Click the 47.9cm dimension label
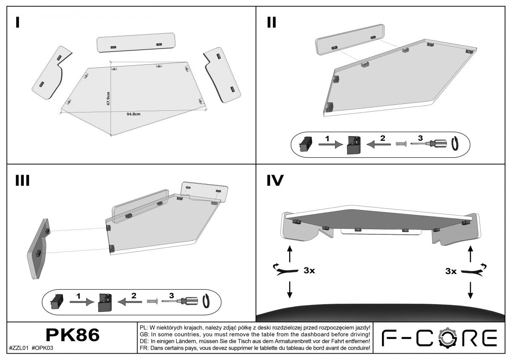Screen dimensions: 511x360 pyautogui.click(x=108, y=98)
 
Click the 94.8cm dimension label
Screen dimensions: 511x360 pyautogui.click(x=133, y=114)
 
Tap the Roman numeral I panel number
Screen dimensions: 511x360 pyautogui.click(x=17, y=23)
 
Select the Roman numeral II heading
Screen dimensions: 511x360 pyautogui.click(x=272, y=23)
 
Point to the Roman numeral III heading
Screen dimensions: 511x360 pyautogui.click(x=22, y=180)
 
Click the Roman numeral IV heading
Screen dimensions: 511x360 pyautogui.click(x=275, y=180)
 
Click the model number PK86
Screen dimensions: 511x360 pyautogui.click(x=72, y=335)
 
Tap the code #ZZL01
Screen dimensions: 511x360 pyautogui.click(x=19, y=348)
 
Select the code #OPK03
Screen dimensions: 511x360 pyautogui.click(x=43, y=348)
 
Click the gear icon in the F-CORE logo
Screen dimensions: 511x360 pyautogui.click(x=448, y=337)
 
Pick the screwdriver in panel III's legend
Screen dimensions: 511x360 pyautogui.click(x=180, y=301)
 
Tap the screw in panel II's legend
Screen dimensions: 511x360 pyautogui.click(x=401, y=144)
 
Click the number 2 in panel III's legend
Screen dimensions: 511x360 pyautogui.click(x=134, y=296)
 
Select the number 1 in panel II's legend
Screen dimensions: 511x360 pyautogui.click(x=327, y=138)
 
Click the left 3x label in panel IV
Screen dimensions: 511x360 pyautogui.click(x=309, y=270)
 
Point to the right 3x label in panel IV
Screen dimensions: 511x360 pyautogui.click(x=451, y=271)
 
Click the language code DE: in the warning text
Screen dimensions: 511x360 pyautogui.click(x=144, y=341)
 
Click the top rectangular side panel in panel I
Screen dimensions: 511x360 pyautogui.click(x=136, y=43)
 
